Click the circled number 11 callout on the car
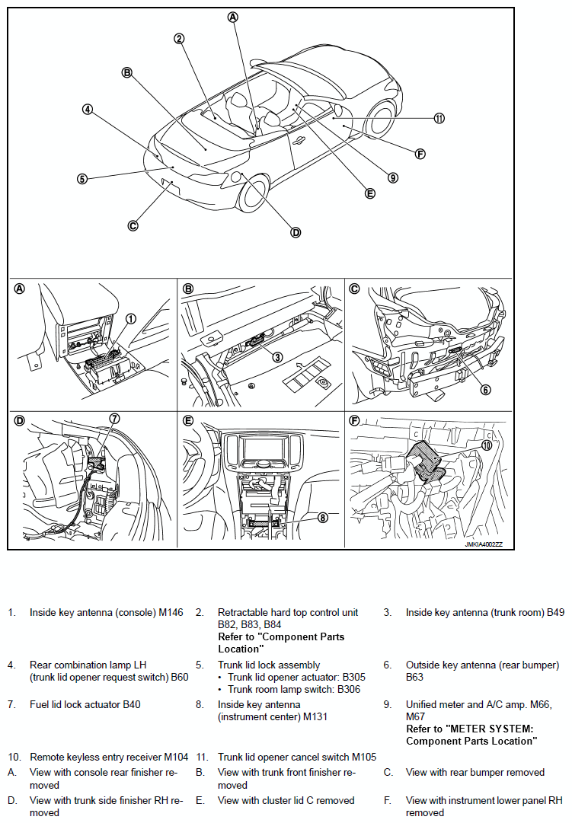[439, 118]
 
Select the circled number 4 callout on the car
[88, 109]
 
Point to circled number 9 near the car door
[393, 178]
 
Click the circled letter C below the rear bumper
[133, 225]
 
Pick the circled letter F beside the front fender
[420, 153]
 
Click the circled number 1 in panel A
[130, 319]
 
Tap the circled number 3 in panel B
[277, 356]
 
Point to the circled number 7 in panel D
[114, 418]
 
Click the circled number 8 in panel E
[323, 517]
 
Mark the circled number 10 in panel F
[487, 445]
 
